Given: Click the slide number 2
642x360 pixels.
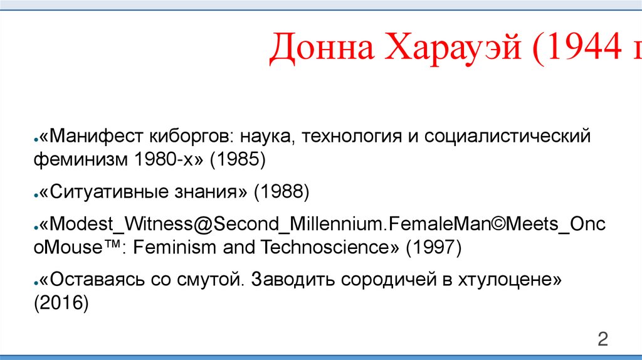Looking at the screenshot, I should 603,339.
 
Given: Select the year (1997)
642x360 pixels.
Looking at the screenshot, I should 433,247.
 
